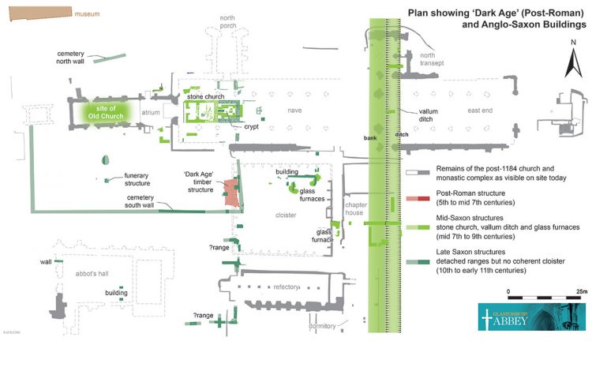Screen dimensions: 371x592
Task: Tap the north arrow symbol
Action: click(570, 66)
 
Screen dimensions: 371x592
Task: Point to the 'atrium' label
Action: click(150, 113)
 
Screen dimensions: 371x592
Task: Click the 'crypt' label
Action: click(251, 126)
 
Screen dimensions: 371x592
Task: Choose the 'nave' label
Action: click(294, 111)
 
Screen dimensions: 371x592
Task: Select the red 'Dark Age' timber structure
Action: click(230, 193)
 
